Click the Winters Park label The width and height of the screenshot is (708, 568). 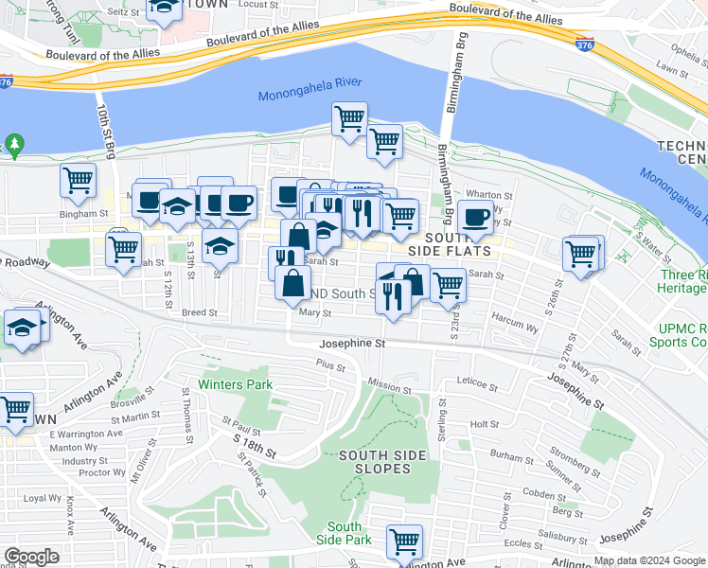click(x=235, y=384)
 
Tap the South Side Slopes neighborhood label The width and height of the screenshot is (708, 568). click(x=376, y=462)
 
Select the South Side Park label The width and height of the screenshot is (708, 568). click(x=345, y=533)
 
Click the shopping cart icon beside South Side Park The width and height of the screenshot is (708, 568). click(x=404, y=542)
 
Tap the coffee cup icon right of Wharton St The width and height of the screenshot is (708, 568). click(x=475, y=217)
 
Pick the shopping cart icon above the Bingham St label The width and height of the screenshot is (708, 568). click(x=78, y=180)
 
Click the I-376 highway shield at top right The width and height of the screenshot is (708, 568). click(x=584, y=44)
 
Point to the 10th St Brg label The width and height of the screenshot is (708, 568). click(x=104, y=133)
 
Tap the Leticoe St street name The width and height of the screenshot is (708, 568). click(x=478, y=385)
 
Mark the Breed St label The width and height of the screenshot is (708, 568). click(x=199, y=311)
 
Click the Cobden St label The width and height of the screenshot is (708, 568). click(x=543, y=494)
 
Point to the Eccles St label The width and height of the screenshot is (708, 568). click(x=522, y=543)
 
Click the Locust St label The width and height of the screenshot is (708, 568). click(x=257, y=5)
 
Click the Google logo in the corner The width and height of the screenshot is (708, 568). click(x=31, y=557)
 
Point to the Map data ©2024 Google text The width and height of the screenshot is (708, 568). click(x=648, y=560)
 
